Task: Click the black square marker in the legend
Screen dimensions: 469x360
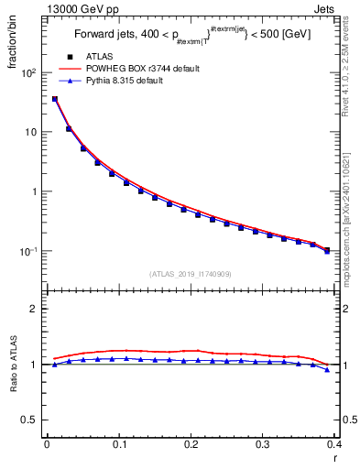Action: (x=70, y=56)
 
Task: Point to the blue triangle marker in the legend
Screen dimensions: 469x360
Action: (x=70, y=82)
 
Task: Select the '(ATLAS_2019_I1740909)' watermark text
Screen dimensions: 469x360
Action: (x=190, y=273)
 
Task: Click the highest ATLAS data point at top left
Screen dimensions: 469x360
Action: (x=55, y=99)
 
